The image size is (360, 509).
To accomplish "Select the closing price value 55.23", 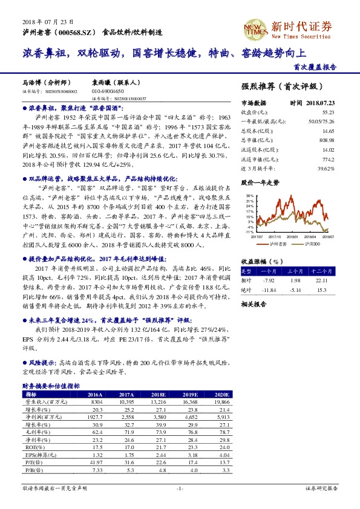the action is [328, 112].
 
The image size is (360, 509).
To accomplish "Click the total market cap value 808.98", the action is [327, 139].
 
